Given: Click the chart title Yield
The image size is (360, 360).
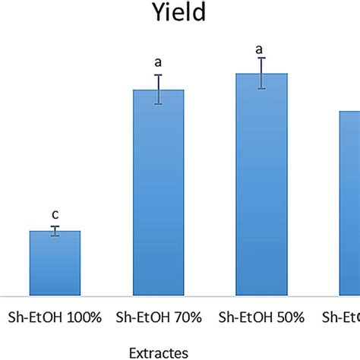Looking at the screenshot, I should coord(180,14).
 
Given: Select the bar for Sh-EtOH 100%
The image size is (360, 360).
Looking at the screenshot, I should coord(55,263).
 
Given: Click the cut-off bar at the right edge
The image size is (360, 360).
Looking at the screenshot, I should coord(349,203).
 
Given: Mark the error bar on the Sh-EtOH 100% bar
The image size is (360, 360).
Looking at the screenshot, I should coord(55,231).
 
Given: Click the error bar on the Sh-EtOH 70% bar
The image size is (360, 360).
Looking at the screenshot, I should coord(159,90).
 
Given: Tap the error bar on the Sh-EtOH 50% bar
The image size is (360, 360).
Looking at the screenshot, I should coord(261,74).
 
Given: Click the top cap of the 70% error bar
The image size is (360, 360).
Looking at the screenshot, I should coord(159,75).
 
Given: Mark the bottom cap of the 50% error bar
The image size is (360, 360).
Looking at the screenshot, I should coord(261,89).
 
